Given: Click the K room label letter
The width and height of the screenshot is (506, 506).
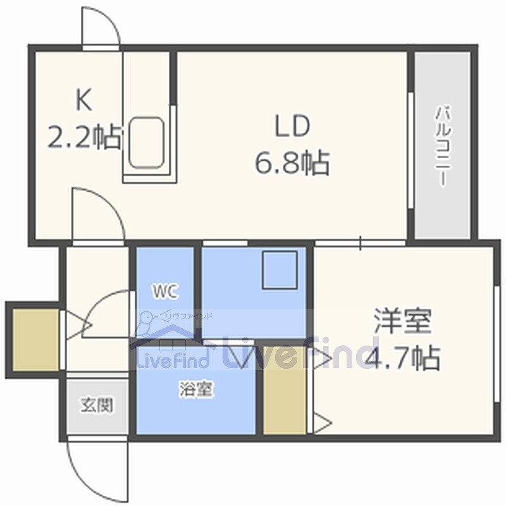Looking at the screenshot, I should (84, 99).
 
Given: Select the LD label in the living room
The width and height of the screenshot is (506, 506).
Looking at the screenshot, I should (292, 127).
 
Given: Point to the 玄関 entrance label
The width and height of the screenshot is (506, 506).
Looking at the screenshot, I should (97, 405).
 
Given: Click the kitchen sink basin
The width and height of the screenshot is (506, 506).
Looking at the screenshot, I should (147, 142).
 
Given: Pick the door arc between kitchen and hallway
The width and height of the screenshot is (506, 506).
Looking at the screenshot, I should (95, 212).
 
